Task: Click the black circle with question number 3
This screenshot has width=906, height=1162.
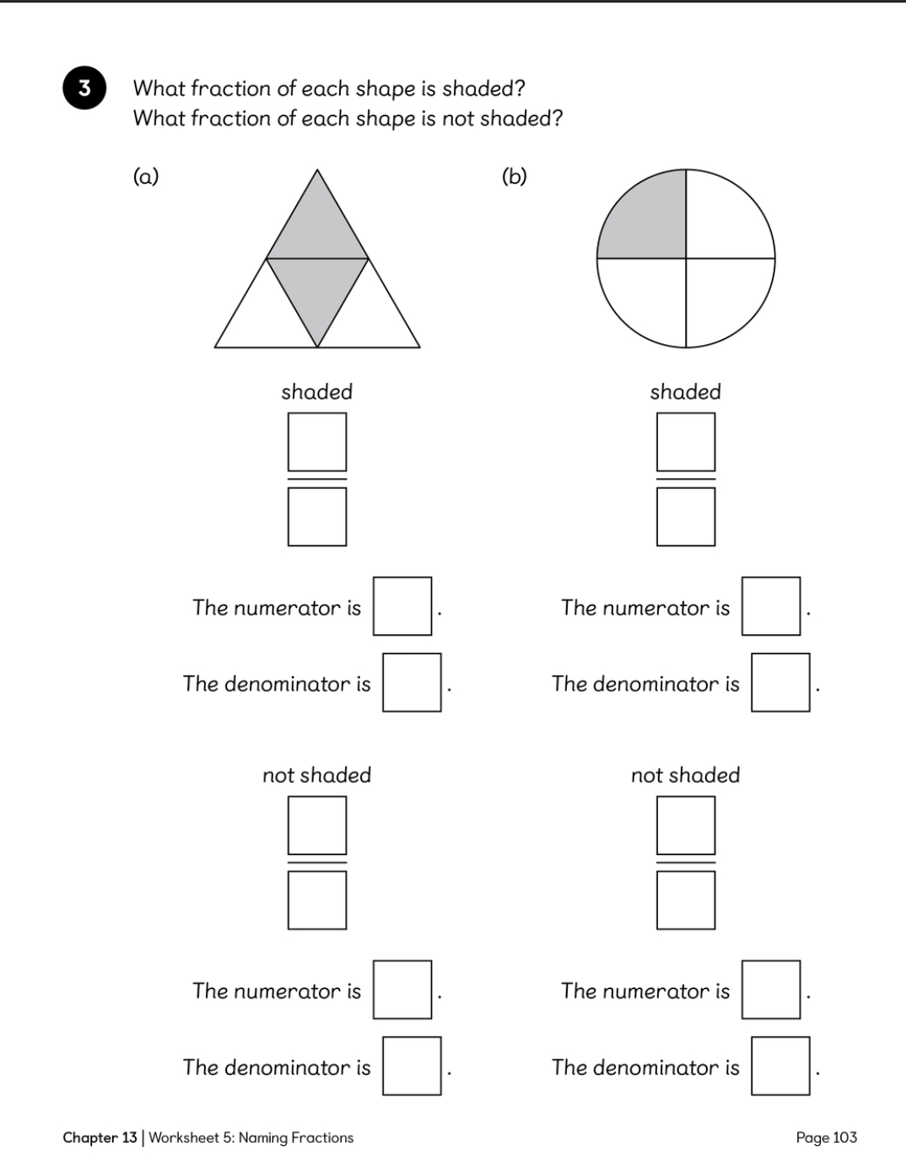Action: tap(84, 88)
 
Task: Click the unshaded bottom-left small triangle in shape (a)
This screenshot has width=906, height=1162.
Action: tap(266, 316)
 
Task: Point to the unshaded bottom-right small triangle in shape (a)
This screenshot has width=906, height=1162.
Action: tap(369, 316)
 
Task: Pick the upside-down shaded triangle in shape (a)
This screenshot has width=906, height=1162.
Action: tap(317, 288)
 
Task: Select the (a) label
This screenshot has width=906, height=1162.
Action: tap(146, 176)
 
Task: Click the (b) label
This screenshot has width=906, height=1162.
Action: tap(515, 176)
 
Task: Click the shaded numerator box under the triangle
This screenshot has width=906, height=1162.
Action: tap(317, 442)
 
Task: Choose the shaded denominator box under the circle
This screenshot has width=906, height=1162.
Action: tap(686, 517)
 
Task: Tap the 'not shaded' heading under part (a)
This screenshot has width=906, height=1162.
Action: tap(317, 775)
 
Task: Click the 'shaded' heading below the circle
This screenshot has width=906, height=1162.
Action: tap(686, 391)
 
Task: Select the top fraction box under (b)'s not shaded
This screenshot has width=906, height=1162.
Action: tap(686, 825)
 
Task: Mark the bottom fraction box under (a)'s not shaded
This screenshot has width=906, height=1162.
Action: tap(317, 900)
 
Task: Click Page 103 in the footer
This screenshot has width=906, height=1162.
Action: tap(827, 1138)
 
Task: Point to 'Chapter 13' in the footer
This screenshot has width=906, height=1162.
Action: tap(100, 1138)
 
